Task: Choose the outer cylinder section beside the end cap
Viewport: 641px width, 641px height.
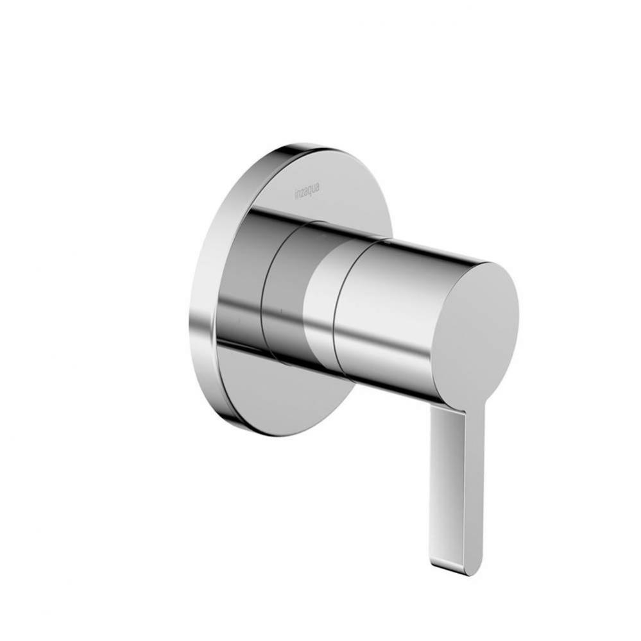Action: click(385, 314)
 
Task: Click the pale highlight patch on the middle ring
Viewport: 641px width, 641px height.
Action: click(318, 301)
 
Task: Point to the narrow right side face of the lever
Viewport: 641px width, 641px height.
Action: click(474, 487)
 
